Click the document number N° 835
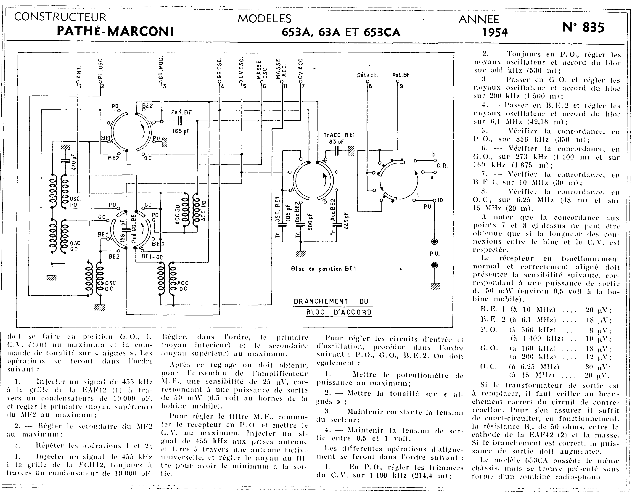point(583,28)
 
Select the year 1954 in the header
point(495,32)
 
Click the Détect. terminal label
point(368,75)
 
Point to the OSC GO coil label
point(74,246)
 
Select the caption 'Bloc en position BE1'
point(323,269)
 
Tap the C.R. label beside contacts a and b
point(442,166)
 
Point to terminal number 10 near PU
point(440,200)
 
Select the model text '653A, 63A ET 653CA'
point(341,32)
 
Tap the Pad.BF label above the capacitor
point(181,112)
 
